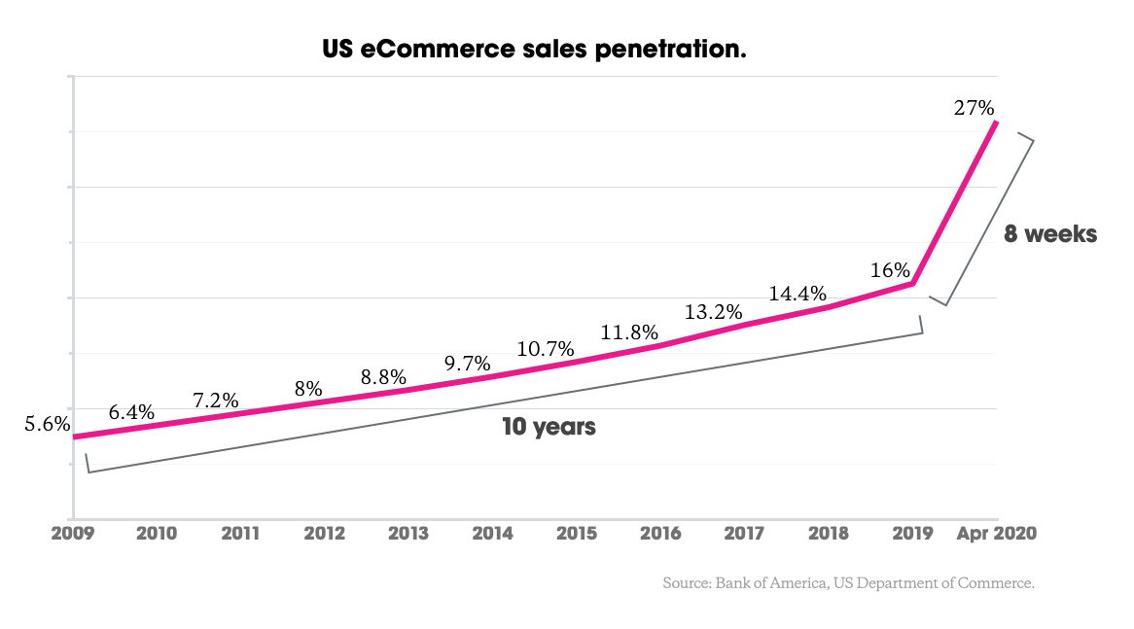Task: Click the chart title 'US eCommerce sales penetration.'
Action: click(x=534, y=48)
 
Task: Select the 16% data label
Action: click(x=890, y=270)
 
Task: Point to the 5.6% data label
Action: click(x=47, y=424)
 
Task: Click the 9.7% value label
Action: click(x=467, y=364)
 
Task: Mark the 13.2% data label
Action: click(x=713, y=312)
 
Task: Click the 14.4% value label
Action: click(x=797, y=293)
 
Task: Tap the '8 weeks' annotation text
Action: click(x=1050, y=234)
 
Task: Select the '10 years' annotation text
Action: click(x=549, y=426)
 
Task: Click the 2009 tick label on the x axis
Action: click(x=74, y=534)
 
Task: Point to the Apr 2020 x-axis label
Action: click(x=997, y=534)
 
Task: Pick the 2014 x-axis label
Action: click(x=493, y=534)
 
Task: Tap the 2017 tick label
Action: click(x=744, y=534)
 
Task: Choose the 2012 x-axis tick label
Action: click(x=325, y=534)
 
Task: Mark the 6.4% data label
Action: click(x=131, y=412)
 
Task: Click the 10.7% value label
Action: click(x=547, y=348)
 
